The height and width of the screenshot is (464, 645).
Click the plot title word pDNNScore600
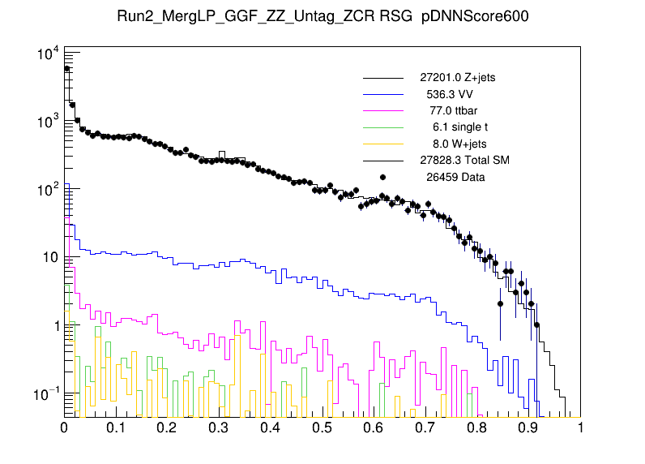476,18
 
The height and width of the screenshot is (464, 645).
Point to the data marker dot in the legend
383,177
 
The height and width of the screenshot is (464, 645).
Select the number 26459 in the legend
436,176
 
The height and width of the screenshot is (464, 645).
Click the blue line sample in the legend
383,94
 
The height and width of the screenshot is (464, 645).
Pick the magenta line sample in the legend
383,110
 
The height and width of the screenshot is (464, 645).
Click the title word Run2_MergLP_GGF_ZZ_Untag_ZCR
240,18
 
